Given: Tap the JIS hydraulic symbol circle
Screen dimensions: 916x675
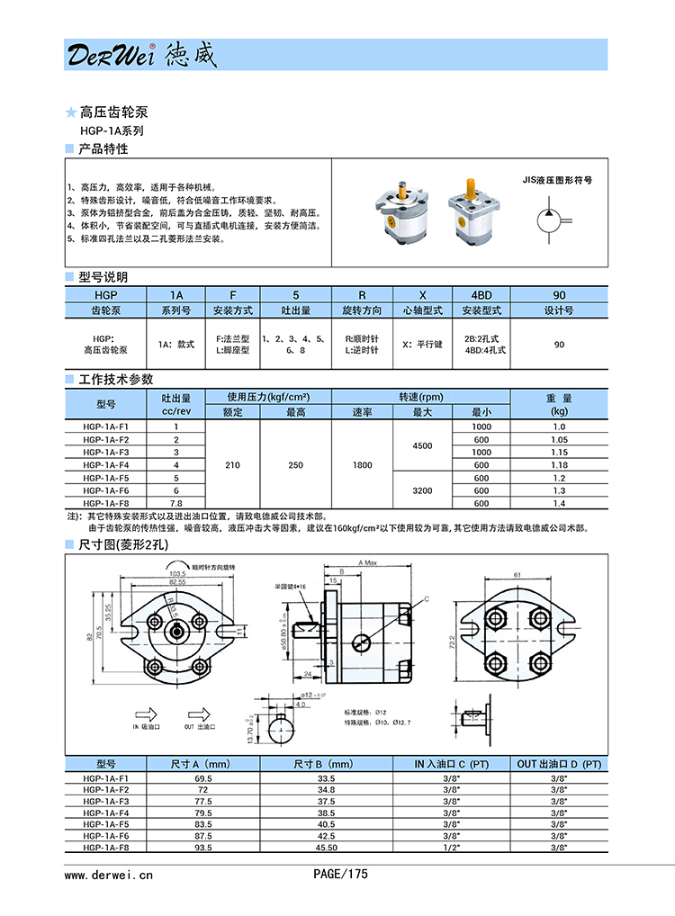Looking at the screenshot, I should [x=547, y=219].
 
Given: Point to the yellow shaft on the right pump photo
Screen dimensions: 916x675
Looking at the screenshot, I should [x=469, y=189].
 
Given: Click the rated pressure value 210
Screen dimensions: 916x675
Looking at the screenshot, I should [x=233, y=465].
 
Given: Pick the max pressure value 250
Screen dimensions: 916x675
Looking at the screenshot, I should [x=295, y=465].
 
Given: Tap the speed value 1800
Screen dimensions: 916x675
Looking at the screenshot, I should [x=363, y=465].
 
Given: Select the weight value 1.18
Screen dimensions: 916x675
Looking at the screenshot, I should [x=559, y=465].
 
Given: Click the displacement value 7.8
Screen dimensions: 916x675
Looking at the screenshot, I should [x=176, y=504].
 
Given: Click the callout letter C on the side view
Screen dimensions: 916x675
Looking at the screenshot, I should [x=426, y=598].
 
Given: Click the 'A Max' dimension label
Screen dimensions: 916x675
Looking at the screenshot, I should [x=367, y=562].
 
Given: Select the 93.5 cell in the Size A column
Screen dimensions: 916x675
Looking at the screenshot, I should [x=202, y=847].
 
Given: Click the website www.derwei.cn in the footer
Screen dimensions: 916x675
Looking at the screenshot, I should [x=109, y=874].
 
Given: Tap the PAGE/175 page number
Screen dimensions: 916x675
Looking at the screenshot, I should [x=340, y=873].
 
